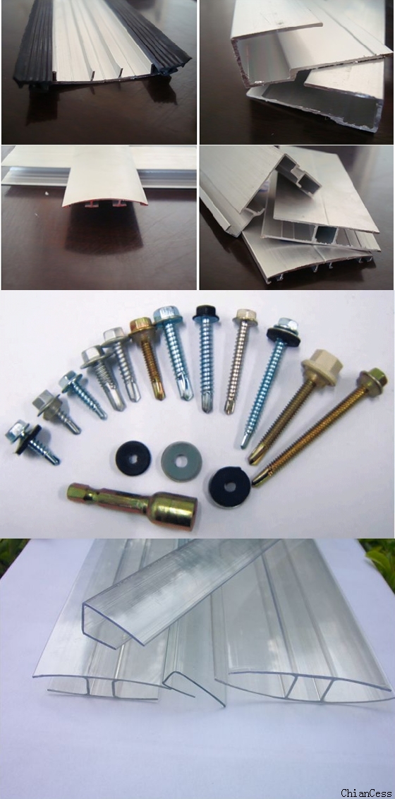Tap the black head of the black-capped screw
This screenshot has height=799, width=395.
click(x=206, y=311)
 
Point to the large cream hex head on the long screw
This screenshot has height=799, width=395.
click(x=321, y=364)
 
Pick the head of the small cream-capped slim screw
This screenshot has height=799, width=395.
click(x=245, y=317)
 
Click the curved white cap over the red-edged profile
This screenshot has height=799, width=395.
click(x=104, y=176)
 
